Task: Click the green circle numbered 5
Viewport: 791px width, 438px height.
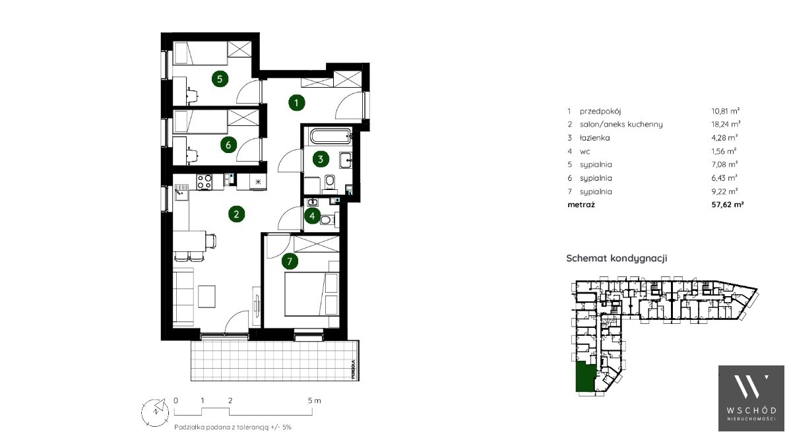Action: [x=220, y=78]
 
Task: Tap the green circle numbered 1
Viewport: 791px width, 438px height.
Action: [x=296, y=103]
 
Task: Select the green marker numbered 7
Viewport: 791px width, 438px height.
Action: [x=289, y=261]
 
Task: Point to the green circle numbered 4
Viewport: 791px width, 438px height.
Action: [x=312, y=216]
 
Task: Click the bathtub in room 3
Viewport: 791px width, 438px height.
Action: [x=331, y=135]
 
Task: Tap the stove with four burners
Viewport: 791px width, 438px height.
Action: [x=205, y=181]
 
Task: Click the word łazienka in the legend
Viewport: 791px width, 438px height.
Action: [x=595, y=138]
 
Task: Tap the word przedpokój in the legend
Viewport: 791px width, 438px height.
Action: [x=600, y=111]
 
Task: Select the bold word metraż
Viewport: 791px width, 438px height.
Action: [x=581, y=204]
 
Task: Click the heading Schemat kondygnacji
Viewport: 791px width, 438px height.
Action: [x=616, y=259]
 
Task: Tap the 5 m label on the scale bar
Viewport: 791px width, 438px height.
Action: [x=314, y=400]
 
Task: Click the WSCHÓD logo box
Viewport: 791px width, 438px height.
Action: [x=751, y=398]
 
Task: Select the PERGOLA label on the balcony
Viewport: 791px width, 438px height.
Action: [x=354, y=369]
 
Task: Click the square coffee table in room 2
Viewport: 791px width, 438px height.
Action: [x=207, y=296]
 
